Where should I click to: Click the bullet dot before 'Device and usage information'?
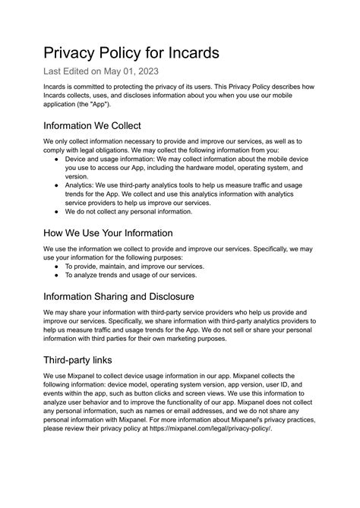click(x=58, y=160)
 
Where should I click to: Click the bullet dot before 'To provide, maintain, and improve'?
click(x=58, y=267)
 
